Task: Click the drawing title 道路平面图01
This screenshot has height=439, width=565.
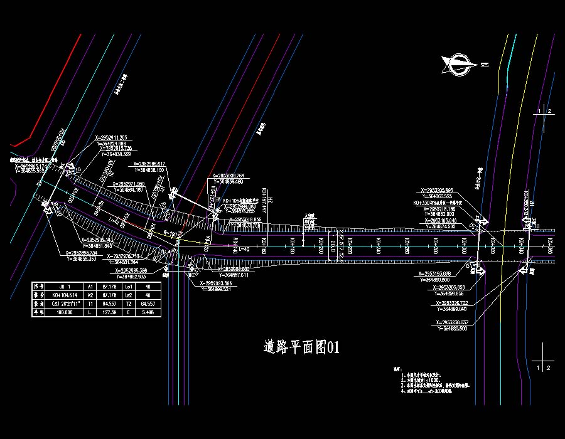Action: tap(302, 347)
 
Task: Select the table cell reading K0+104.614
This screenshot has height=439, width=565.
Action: tap(65, 294)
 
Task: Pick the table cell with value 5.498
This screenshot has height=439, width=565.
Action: tap(149, 312)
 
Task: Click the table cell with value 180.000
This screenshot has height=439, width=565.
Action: tap(65, 312)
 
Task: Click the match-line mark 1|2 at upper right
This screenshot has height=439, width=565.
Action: tap(544, 111)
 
